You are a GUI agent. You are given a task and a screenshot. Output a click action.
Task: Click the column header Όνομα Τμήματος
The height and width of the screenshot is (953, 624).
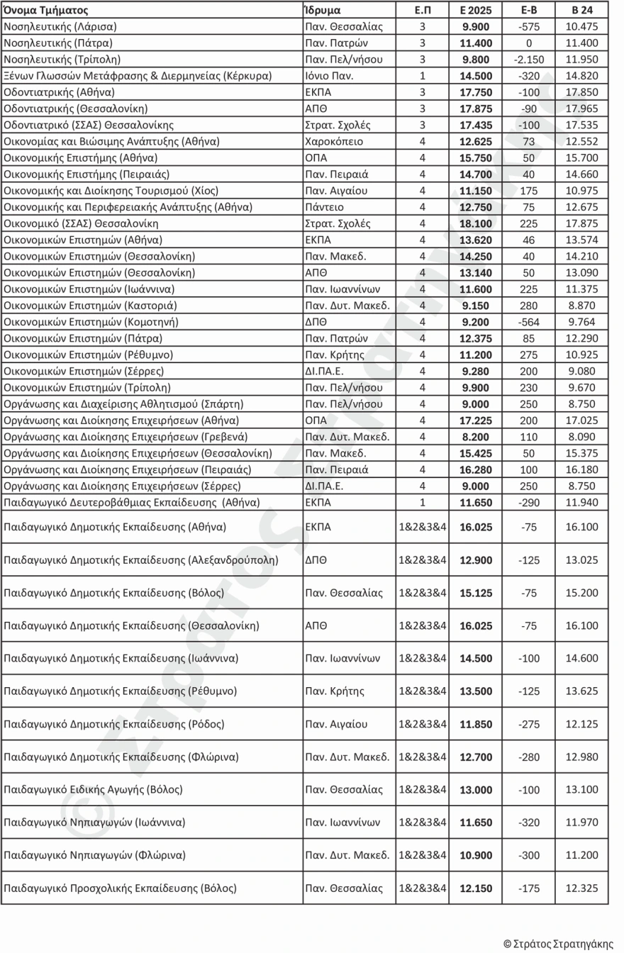(46, 11)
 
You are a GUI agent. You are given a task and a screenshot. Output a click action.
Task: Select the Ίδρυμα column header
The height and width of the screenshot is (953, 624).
(322, 11)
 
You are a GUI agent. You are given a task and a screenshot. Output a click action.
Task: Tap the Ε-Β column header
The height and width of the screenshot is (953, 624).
(529, 11)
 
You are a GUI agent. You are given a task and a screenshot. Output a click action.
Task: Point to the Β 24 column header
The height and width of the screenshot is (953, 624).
(582, 11)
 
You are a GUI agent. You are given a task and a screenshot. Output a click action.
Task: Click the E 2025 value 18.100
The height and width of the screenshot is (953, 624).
(476, 223)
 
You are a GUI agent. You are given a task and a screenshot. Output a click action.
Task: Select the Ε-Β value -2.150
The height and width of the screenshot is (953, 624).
(529, 60)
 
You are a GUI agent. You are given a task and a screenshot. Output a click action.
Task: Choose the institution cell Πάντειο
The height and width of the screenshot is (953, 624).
(323, 207)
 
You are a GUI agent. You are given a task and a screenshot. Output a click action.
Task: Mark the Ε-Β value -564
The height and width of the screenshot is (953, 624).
(529, 322)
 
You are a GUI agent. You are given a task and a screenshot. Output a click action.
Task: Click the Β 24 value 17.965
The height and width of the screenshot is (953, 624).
(582, 108)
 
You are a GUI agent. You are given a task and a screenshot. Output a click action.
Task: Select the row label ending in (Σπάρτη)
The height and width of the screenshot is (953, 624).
(124, 404)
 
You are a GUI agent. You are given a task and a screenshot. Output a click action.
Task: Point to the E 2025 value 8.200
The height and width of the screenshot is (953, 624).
(476, 437)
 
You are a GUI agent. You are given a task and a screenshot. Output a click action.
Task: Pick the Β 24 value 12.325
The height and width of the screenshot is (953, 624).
(582, 888)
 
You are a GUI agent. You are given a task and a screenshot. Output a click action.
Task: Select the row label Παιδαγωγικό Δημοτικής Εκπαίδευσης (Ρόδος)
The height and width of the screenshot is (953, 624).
(114, 724)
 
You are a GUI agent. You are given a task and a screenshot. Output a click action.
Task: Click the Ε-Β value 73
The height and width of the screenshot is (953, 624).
(529, 141)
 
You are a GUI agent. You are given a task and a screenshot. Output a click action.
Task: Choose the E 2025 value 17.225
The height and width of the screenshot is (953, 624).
(476, 420)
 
